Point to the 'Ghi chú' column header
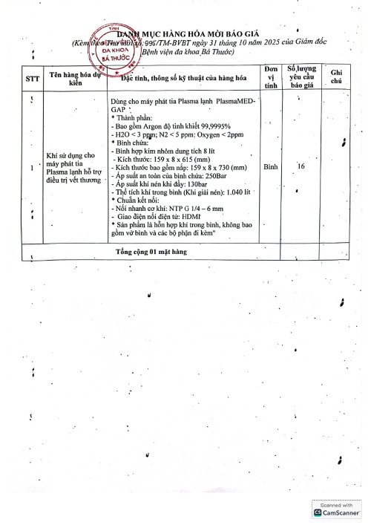coord(335,76)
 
